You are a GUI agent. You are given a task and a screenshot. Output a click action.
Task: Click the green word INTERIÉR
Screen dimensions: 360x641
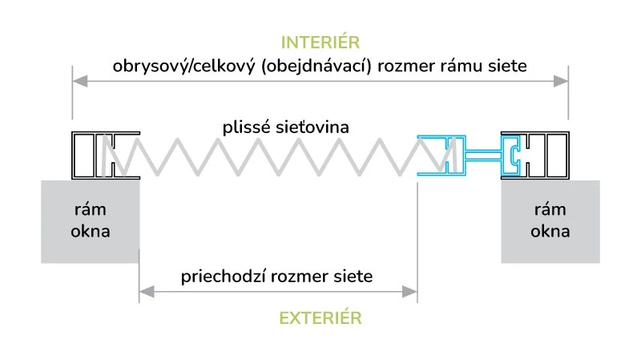(x=320, y=42)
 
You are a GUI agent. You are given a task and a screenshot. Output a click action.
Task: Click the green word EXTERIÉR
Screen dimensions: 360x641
(x=320, y=318)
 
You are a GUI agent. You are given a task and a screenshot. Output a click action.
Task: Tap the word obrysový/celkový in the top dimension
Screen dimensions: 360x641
(x=165, y=66)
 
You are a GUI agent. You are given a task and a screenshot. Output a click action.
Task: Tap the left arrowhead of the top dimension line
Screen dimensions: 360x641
(x=77, y=80)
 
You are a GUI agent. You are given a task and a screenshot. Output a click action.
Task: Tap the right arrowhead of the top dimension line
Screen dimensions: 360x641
(x=563, y=80)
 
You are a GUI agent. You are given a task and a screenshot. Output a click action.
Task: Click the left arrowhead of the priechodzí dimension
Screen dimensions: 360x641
(x=144, y=292)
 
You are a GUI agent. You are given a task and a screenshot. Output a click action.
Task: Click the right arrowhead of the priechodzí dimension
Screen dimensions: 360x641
(x=412, y=292)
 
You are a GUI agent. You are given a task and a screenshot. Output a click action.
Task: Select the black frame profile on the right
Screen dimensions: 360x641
(x=545, y=154)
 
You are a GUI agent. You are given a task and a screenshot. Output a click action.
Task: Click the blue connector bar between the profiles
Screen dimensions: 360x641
(x=483, y=152)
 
